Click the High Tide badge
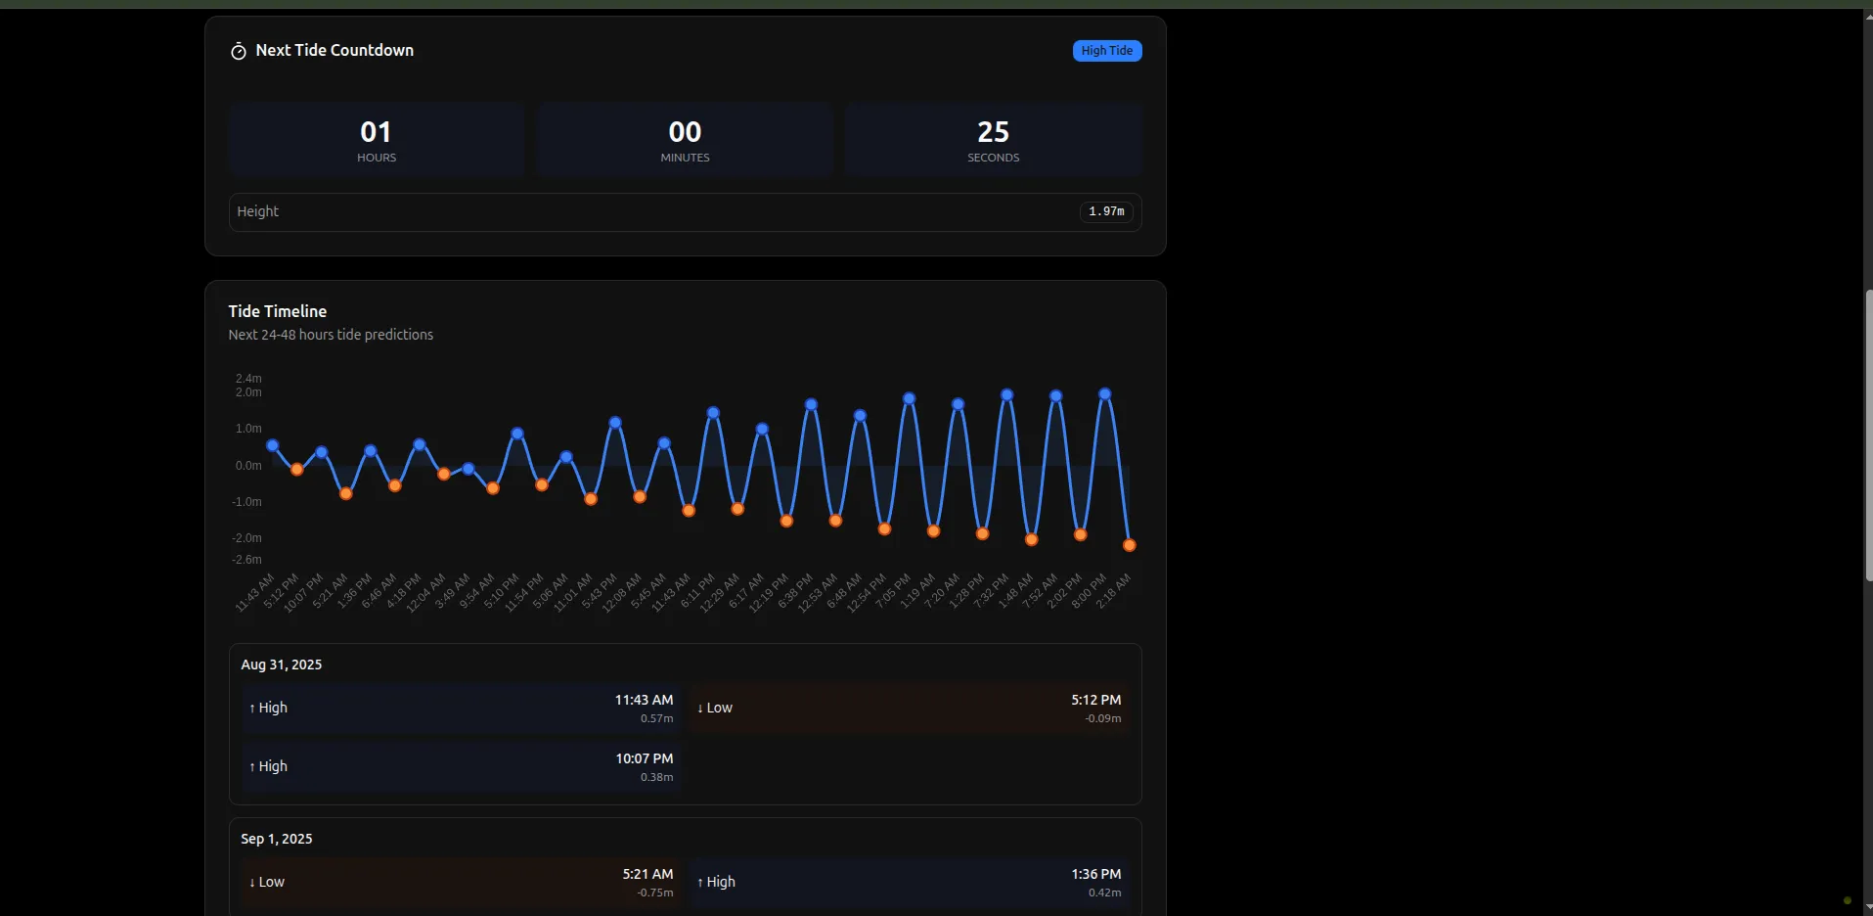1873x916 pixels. (1106, 51)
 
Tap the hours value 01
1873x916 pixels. (376, 132)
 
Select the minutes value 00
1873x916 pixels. (685, 132)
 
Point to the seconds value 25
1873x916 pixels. (993, 132)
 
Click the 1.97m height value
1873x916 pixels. (1106, 211)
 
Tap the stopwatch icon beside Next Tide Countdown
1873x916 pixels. (238, 51)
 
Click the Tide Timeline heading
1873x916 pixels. (278, 311)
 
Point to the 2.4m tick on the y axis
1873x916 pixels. (248, 378)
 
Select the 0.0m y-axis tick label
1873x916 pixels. (248, 466)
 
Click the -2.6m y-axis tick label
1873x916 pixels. (246, 560)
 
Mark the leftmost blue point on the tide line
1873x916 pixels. (273, 445)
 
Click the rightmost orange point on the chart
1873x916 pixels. (1130, 545)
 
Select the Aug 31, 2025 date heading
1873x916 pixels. (282, 664)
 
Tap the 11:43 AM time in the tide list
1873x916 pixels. (644, 700)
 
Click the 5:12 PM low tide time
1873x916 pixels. (1095, 700)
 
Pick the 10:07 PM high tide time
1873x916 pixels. (644, 758)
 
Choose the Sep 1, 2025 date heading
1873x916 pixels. (277, 839)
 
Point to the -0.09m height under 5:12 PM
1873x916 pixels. (1102, 718)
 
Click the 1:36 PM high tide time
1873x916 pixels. (1095, 874)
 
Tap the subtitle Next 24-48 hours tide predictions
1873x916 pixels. (331, 335)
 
